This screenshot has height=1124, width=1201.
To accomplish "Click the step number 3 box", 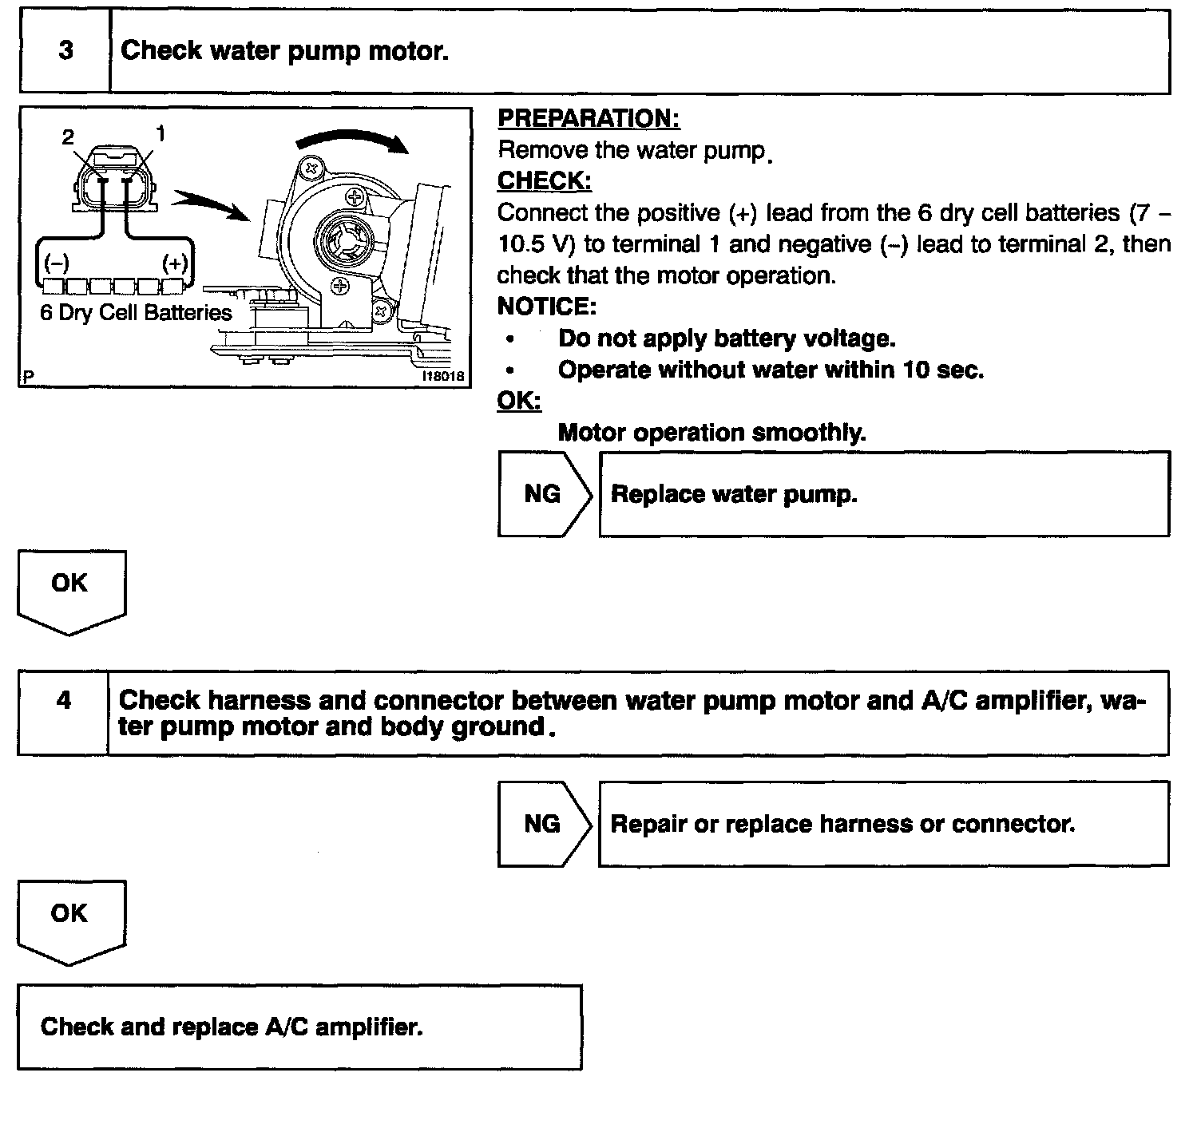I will [x=65, y=51].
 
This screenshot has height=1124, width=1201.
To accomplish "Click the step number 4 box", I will [x=64, y=701].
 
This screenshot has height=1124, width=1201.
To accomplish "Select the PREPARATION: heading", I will [x=589, y=119].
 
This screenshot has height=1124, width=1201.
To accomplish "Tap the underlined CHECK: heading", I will [x=545, y=181].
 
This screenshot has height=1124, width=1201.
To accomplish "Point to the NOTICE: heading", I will [x=546, y=307].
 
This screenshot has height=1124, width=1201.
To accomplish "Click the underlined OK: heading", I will [x=519, y=401].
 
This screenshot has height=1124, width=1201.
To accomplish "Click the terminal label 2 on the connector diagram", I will [x=68, y=137].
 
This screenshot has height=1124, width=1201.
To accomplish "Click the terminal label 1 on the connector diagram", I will [x=161, y=133].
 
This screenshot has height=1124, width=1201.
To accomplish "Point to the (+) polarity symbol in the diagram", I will [x=175, y=264].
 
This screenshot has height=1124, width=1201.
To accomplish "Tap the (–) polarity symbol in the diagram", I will [x=56, y=264].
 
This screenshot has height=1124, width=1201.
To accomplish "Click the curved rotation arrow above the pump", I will [x=351, y=140].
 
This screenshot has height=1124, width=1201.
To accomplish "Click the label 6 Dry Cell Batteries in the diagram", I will [x=136, y=313].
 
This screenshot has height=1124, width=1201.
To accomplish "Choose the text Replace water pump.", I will [x=734, y=495].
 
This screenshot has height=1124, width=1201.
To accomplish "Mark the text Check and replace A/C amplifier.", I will [x=232, y=1027].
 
